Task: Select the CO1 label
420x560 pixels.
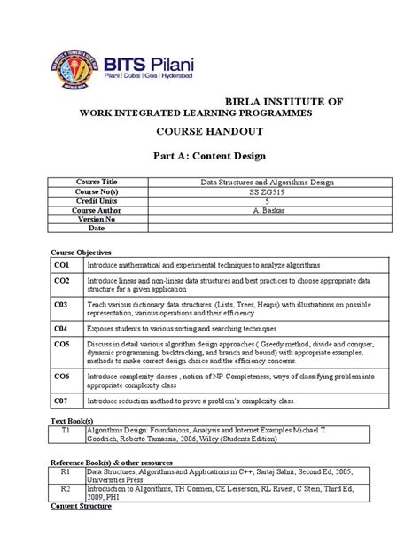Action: click(60, 265)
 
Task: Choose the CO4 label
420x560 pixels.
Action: click(60, 328)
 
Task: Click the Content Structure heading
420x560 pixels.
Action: click(81, 507)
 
